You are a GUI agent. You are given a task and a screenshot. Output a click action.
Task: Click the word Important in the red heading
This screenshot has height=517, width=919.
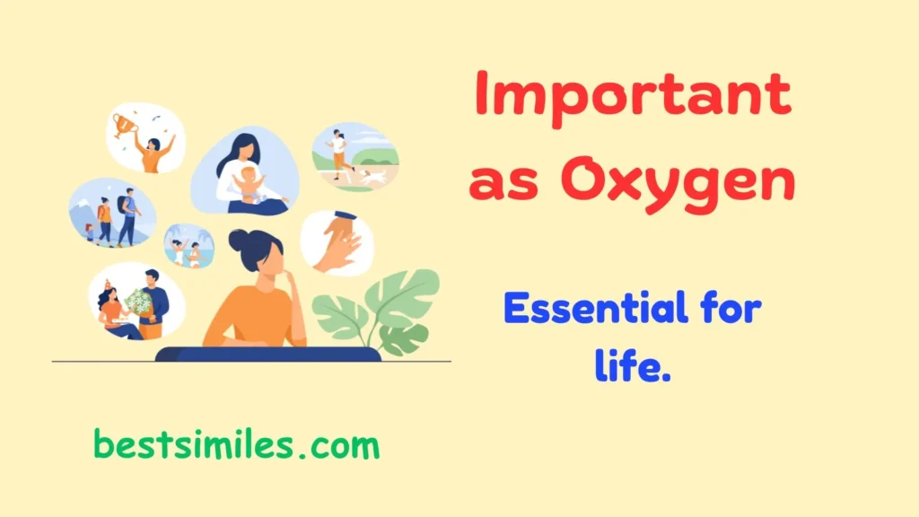(633, 93)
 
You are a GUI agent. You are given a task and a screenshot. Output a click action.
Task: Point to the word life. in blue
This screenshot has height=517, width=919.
(633, 366)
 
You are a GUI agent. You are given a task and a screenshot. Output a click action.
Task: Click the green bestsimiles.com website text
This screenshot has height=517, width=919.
(236, 444)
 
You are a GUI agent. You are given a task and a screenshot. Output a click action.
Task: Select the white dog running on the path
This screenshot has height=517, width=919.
(374, 177)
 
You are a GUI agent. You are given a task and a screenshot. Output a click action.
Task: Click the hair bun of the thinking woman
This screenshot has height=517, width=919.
(238, 239)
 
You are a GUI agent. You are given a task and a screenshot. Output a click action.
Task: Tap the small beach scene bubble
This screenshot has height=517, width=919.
(188, 246)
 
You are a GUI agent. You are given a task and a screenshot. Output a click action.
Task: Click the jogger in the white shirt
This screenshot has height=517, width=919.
(338, 150)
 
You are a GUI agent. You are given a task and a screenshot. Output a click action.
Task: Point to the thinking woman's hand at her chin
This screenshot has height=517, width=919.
(291, 273)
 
